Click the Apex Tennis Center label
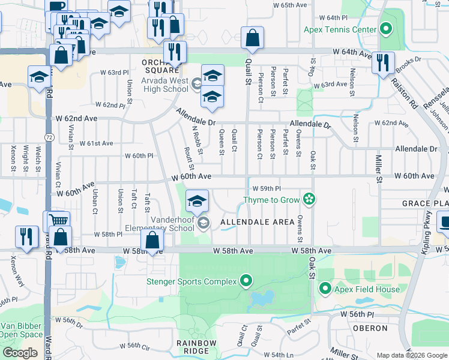(x=340, y=29)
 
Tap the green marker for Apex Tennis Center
(x=385, y=28)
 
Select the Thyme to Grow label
(x=271, y=199)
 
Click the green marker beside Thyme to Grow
(x=309, y=199)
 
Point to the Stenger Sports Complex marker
(x=246, y=280)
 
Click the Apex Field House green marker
(x=325, y=289)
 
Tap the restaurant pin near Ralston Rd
(x=383, y=62)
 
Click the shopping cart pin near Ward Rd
(x=58, y=221)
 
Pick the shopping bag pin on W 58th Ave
(x=152, y=241)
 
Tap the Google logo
(x=20, y=353)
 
